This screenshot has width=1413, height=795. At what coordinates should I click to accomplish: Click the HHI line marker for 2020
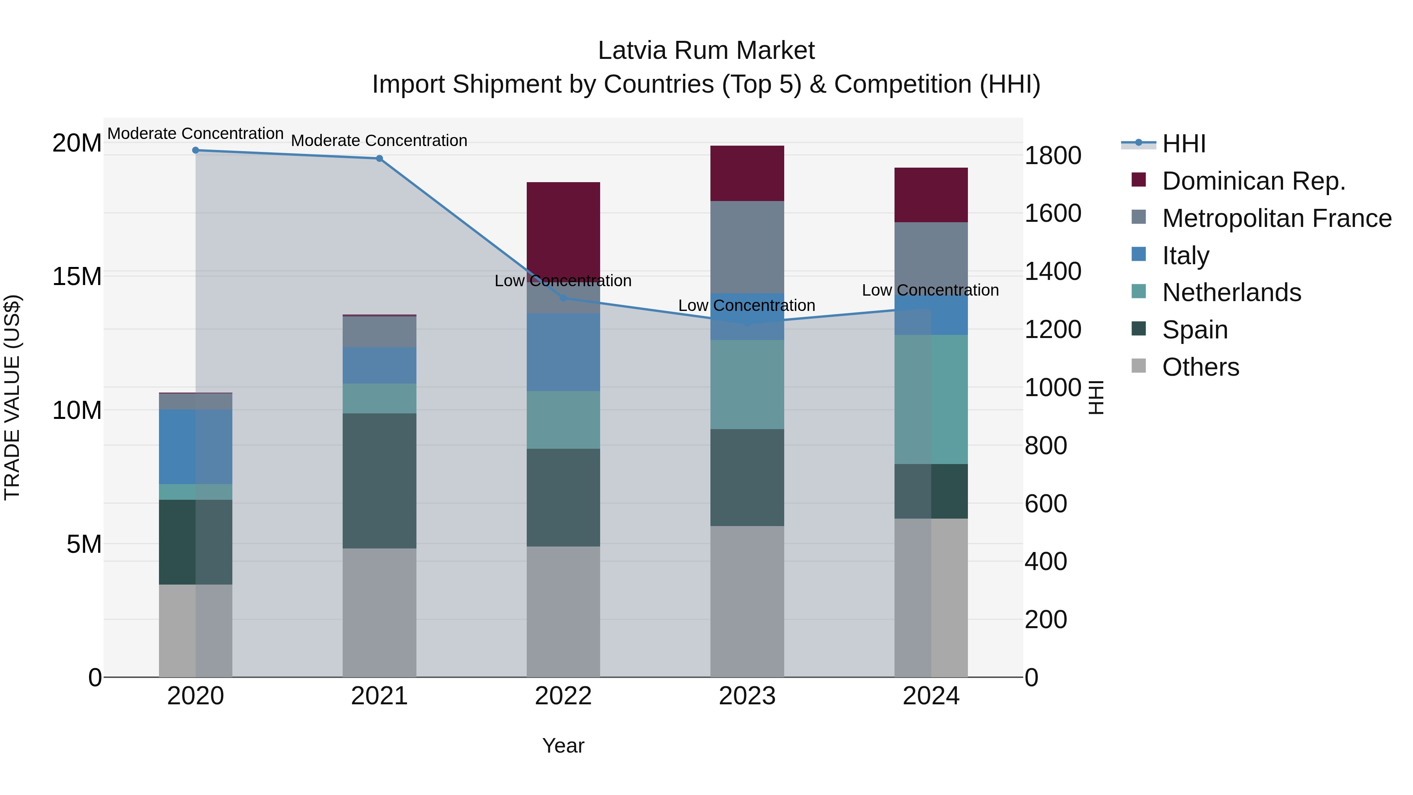(195, 150)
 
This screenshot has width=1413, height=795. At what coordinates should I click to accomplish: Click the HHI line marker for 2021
(379, 159)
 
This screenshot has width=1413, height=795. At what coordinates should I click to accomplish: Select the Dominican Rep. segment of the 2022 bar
(563, 225)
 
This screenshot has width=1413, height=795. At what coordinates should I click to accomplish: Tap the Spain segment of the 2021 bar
(379, 480)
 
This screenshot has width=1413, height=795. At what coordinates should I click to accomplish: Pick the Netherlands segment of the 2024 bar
(931, 399)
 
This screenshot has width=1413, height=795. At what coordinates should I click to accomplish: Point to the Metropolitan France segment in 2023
(747, 247)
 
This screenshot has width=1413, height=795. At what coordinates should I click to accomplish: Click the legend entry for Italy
(1185, 255)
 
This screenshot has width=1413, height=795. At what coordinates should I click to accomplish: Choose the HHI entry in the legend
(1184, 144)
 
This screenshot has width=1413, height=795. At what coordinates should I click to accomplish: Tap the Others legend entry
(1200, 367)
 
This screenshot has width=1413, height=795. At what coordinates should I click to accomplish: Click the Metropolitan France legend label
(1276, 218)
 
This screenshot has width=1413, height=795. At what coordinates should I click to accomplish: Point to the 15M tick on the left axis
(77, 276)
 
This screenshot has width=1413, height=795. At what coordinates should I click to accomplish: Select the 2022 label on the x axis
(563, 696)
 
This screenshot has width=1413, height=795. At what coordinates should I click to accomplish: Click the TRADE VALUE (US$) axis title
(12, 397)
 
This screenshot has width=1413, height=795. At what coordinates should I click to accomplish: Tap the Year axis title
(563, 746)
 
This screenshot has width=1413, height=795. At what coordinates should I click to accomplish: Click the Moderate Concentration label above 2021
(379, 141)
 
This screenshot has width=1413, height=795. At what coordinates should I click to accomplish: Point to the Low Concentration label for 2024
(930, 290)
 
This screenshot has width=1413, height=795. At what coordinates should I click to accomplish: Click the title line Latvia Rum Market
(706, 51)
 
